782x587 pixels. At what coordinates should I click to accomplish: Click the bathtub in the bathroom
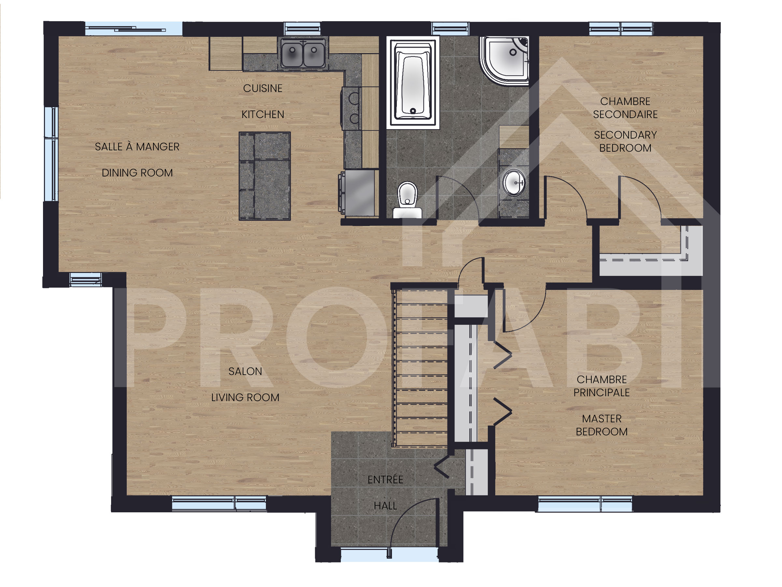(413, 83)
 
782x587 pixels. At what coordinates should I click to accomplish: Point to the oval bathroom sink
(514, 183)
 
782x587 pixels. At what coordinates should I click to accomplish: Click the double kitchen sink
(303, 54)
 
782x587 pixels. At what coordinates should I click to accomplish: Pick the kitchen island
(265, 176)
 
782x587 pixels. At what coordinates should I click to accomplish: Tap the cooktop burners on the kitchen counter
(353, 108)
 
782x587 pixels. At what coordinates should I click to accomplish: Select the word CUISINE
(263, 88)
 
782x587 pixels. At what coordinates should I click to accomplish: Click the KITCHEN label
(263, 114)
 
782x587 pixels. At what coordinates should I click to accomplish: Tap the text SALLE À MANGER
(137, 146)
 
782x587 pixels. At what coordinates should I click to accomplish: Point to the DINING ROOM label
(137, 173)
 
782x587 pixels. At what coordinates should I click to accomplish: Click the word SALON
(245, 371)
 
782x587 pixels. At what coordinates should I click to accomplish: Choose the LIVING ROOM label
(245, 397)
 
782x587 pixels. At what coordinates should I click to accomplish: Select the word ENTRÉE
(385, 479)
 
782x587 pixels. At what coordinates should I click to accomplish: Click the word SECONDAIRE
(625, 114)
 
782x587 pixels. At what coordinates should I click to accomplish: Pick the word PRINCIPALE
(601, 392)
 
